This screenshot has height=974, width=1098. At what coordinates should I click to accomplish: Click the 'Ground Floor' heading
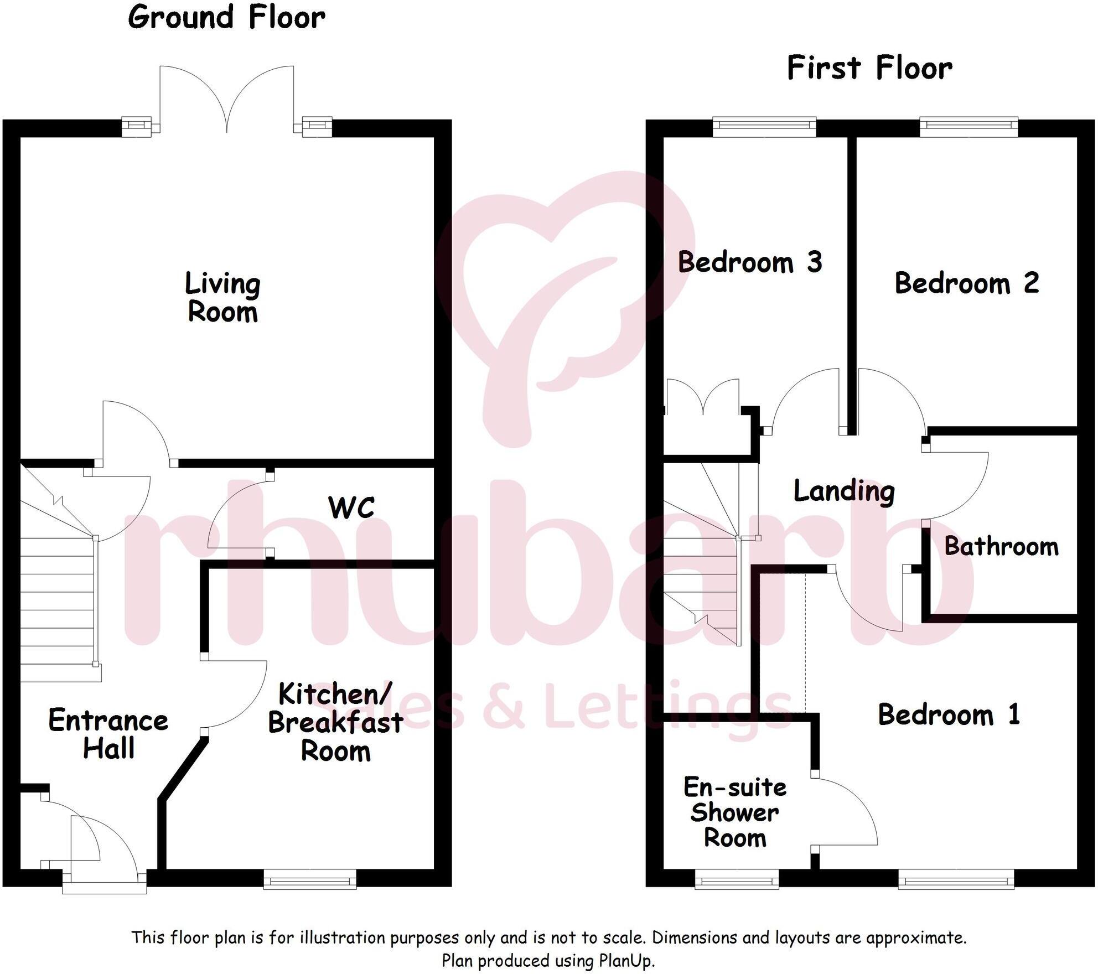click(226, 18)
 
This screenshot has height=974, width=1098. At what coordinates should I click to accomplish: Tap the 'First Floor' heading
click(869, 69)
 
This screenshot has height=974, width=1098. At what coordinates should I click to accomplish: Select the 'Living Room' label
click(222, 297)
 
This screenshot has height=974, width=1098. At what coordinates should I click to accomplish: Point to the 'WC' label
click(351, 507)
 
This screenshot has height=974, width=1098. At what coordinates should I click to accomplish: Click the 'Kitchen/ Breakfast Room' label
click(335, 722)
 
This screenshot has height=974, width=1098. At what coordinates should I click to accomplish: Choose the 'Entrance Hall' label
click(108, 734)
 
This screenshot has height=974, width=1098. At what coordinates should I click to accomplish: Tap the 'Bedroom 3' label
click(750, 262)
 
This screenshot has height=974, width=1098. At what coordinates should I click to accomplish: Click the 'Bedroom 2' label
click(967, 283)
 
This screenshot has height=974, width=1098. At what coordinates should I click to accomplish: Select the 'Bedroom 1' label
click(949, 714)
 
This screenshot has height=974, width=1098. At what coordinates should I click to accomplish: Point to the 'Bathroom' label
click(1001, 546)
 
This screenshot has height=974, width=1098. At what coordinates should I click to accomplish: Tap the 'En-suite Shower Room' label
click(735, 812)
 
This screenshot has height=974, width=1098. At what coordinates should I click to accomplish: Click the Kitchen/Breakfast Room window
click(310, 879)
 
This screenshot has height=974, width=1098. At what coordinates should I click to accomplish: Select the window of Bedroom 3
click(764, 127)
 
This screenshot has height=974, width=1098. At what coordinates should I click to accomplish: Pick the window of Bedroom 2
click(969, 127)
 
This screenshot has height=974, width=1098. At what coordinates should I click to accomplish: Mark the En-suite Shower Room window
click(737, 879)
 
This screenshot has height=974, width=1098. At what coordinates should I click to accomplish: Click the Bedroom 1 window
click(956, 879)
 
